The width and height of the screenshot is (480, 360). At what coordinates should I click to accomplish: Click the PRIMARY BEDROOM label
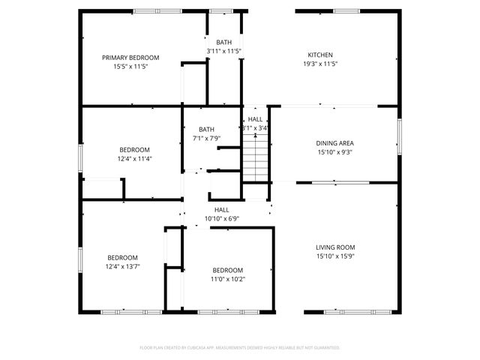(130, 58)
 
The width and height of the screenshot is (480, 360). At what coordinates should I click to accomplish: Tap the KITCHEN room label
(320, 55)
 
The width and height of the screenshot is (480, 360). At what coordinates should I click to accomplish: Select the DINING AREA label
(334, 142)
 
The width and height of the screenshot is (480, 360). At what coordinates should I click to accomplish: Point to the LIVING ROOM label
(334, 247)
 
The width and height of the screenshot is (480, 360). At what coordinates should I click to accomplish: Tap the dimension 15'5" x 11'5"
(130, 66)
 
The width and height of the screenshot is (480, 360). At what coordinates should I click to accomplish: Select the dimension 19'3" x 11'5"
(320, 64)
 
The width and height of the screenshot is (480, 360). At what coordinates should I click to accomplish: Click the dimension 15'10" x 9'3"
(334, 151)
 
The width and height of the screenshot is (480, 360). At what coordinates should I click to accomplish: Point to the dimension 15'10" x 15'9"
(334, 256)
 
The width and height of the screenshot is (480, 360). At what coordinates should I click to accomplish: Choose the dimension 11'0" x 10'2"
(227, 279)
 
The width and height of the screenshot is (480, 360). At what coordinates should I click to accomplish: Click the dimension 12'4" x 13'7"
(122, 265)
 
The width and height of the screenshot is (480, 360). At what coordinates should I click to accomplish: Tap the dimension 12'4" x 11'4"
(133, 158)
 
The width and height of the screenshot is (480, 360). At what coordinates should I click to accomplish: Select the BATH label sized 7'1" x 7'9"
(206, 130)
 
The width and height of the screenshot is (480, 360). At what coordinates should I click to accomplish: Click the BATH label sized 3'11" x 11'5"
(223, 42)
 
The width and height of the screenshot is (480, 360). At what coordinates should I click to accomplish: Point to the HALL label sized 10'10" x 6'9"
(222, 210)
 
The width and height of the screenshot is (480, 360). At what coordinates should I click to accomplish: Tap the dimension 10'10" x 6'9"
(222, 219)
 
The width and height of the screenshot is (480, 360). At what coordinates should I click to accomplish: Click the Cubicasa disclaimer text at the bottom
(240, 347)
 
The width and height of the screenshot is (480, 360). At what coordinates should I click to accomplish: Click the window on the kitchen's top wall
(346, 10)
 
